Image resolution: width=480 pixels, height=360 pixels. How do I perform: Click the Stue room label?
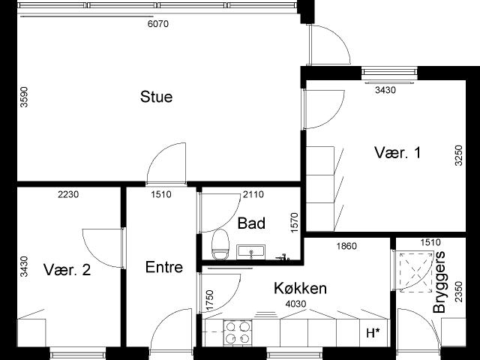pyautogui.click(x=157, y=97)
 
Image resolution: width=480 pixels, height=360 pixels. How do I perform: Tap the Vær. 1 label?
pyautogui.click(x=397, y=152)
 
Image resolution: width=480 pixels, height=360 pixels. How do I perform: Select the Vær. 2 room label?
pyautogui.click(x=67, y=270)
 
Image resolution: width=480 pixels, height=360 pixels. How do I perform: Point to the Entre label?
pyautogui.click(x=164, y=267)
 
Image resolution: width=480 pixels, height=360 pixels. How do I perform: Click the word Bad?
pyautogui.click(x=251, y=223)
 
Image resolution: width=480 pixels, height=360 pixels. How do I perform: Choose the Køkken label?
pyautogui.click(x=300, y=288)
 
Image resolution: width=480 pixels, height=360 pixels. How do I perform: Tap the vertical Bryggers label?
pyautogui.click(x=439, y=282)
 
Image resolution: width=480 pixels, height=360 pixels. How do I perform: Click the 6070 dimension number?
pyautogui.click(x=158, y=24)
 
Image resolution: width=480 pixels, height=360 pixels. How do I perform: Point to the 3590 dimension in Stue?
pyautogui.click(x=24, y=97)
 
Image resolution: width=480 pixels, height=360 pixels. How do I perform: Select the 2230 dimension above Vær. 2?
pyautogui.click(x=68, y=194)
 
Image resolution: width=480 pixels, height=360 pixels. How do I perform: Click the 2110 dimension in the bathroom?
pyautogui.click(x=253, y=194)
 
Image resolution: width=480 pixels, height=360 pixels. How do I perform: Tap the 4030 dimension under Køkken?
pyautogui.click(x=295, y=304)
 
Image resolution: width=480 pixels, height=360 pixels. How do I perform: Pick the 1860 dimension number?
pyautogui.click(x=346, y=246)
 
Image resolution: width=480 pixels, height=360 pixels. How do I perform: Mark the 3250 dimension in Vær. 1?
pyautogui.click(x=458, y=155)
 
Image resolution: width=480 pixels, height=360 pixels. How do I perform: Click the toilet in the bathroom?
pyautogui.click(x=220, y=244)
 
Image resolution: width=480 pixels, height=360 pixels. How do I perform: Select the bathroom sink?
pyautogui.click(x=251, y=252)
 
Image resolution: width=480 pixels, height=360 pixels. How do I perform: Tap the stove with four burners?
pyautogui.click(x=238, y=333)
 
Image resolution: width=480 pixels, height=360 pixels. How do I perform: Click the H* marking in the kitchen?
pyautogui.click(x=373, y=333)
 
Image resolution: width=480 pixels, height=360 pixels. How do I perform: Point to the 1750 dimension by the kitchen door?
pyautogui.click(x=210, y=300)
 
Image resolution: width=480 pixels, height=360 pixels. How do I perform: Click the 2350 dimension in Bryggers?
pyautogui.click(x=458, y=292)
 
